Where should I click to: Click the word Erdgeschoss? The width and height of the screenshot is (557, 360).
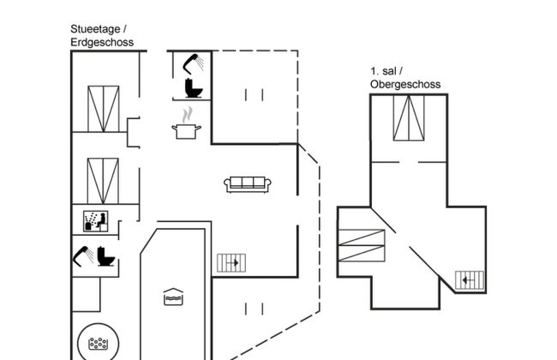pyautogui.click(x=102, y=42)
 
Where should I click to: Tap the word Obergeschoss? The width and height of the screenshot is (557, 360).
pyautogui.click(x=405, y=84)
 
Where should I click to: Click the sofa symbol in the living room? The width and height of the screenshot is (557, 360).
pyautogui.click(x=249, y=183)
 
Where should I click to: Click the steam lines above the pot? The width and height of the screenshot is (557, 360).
pyautogui.click(x=187, y=113)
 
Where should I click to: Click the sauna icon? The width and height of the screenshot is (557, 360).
pyautogui.click(x=93, y=221)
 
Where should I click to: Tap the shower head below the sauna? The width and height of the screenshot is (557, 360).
pyautogui.click(x=82, y=255)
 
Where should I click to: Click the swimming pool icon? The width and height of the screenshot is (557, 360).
pyautogui.click(x=172, y=296)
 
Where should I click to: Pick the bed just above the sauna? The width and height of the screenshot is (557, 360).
pyautogui.click(x=103, y=180)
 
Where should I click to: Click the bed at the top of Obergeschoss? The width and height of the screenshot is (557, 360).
pyautogui.click(x=408, y=117)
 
